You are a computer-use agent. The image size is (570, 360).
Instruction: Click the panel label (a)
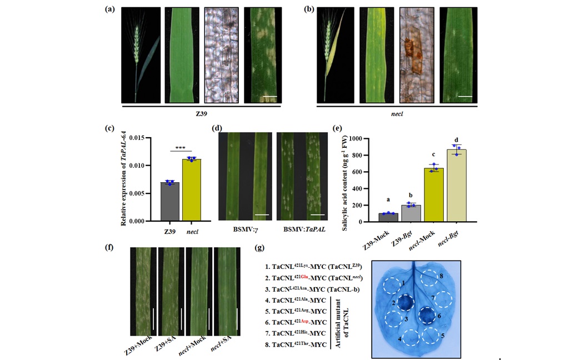(x=111, y=9)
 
